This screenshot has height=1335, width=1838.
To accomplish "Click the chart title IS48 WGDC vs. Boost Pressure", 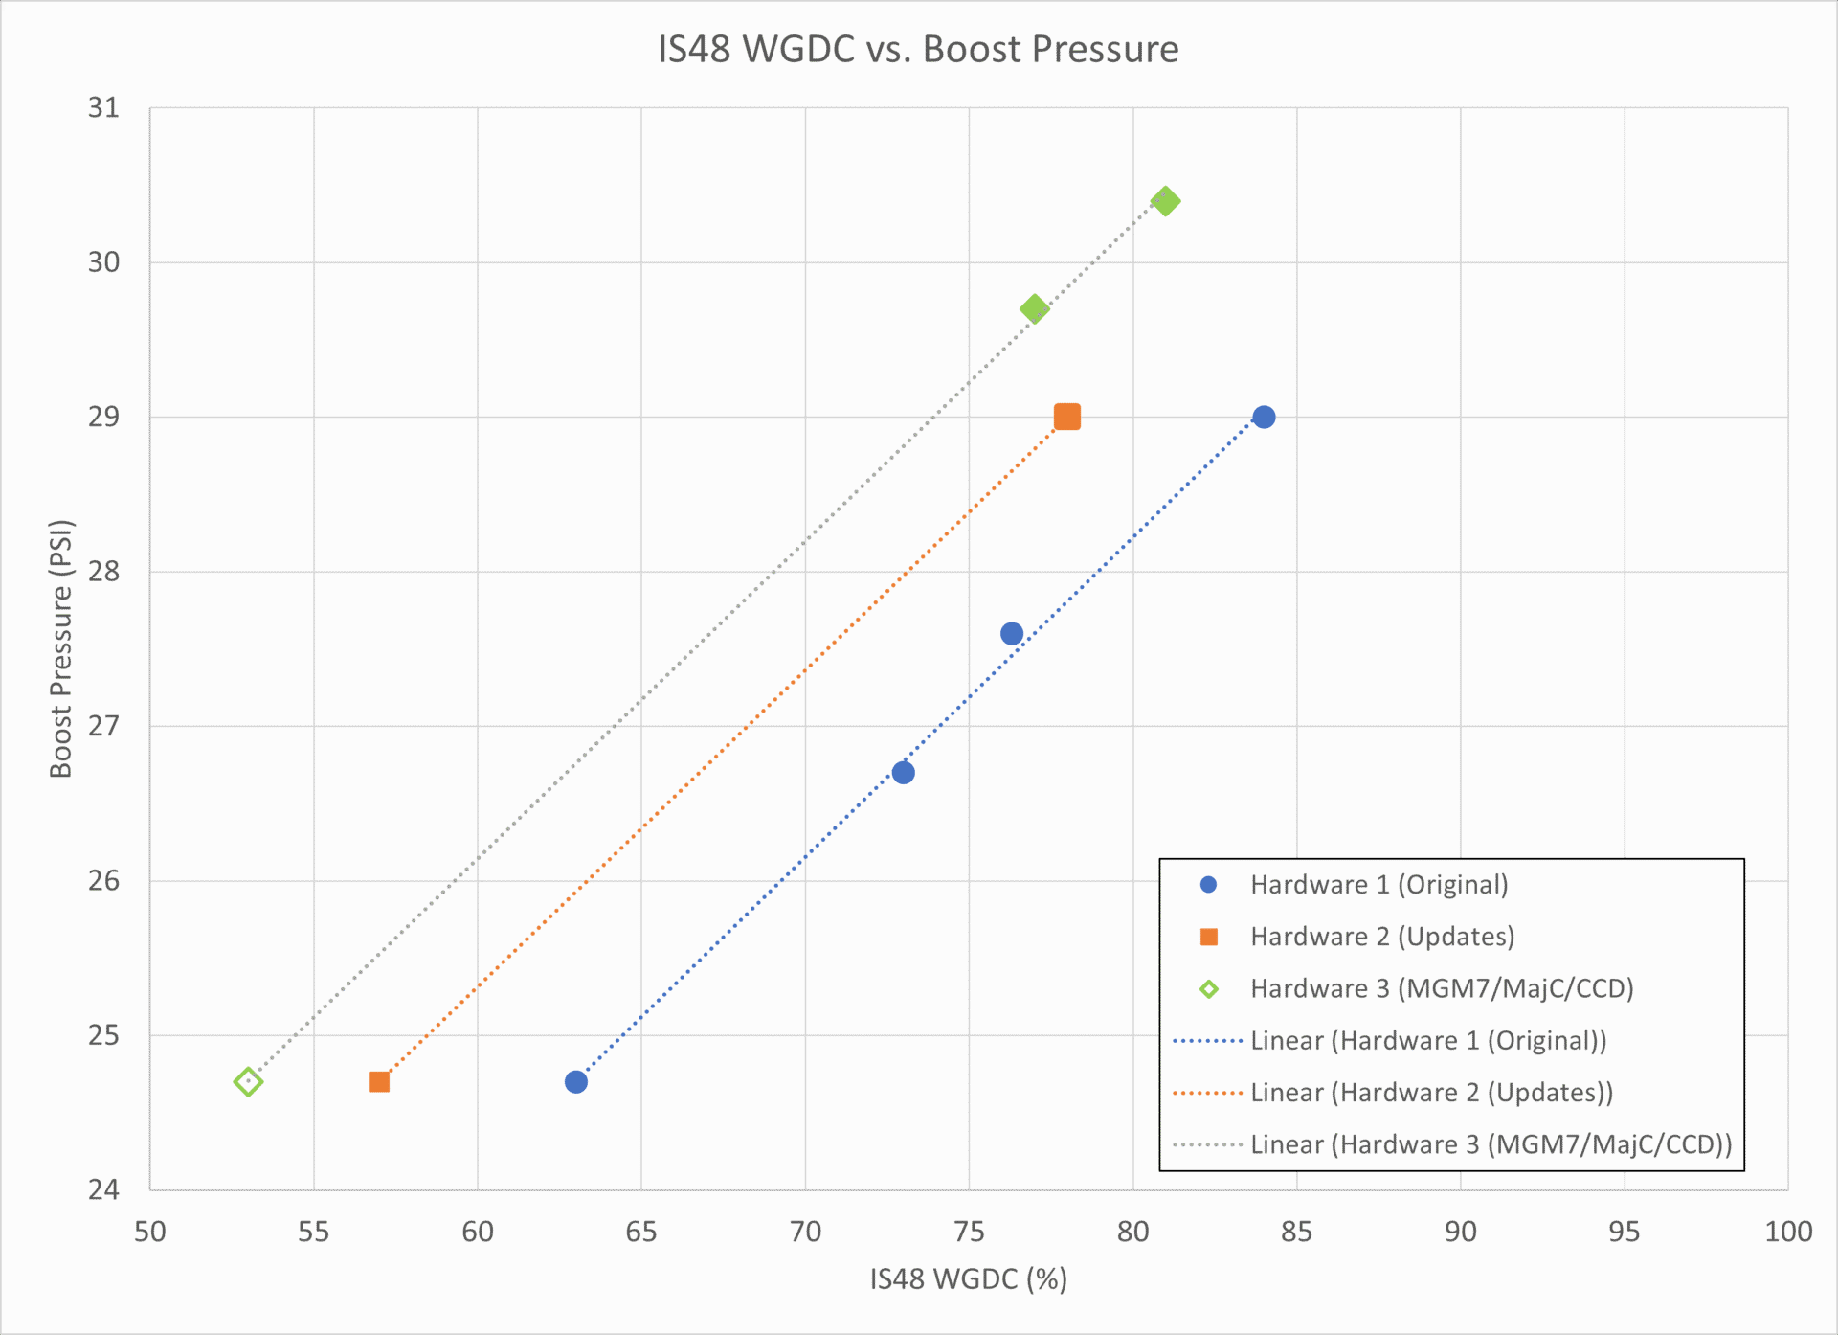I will click(918, 50).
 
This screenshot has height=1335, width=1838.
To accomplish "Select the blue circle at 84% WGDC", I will click(1264, 417).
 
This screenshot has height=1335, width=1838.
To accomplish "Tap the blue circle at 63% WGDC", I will click(575, 1082).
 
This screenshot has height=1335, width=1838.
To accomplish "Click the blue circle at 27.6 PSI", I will click(1012, 634).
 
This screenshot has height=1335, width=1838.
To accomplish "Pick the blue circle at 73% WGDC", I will click(903, 773).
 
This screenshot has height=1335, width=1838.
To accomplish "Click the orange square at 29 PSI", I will click(1066, 417).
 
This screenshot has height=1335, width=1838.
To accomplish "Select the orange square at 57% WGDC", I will click(379, 1082).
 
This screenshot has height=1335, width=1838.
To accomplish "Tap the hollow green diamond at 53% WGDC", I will click(248, 1082).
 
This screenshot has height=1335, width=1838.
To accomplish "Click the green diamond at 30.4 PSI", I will click(1165, 201).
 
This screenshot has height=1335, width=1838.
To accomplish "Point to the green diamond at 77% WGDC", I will click(1034, 308).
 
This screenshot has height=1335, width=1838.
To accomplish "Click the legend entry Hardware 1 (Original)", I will click(1378, 885).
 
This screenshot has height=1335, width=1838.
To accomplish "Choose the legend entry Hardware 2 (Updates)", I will click(1381, 937).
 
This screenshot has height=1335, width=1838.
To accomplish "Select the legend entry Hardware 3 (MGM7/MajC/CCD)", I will click(1441, 988).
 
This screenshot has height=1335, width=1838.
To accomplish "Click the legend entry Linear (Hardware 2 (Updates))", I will click(1431, 1093).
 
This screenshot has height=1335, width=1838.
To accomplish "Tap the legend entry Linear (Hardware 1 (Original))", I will click(1427, 1041).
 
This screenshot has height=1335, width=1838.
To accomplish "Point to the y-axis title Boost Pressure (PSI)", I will click(61, 648).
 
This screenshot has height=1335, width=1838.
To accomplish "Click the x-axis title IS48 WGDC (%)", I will click(968, 1279).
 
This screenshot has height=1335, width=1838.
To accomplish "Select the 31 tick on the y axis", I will click(103, 108).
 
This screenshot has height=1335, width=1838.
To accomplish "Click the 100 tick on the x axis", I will click(1787, 1232).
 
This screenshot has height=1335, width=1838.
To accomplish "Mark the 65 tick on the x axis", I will click(641, 1232).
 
